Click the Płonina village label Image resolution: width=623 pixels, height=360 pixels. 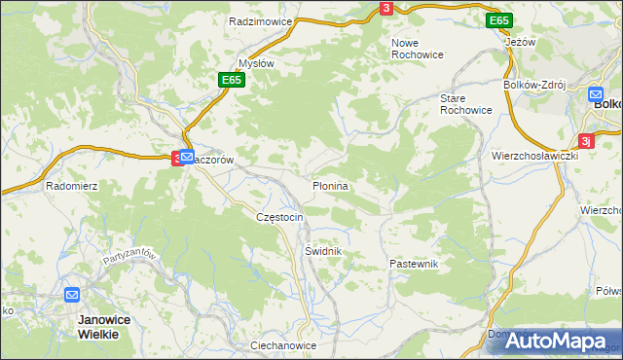click(x=331, y=184)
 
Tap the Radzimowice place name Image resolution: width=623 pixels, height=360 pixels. click(x=261, y=20)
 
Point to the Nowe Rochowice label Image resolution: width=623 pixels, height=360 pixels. click(x=418, y=49)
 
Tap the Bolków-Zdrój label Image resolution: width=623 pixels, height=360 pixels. click(x=534, y=85)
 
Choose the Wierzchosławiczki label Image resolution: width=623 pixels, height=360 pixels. click(x=535, y=155)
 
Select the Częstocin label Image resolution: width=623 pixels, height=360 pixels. click(x=279, y=216)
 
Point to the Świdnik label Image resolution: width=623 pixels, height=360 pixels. click(x=320, y=250)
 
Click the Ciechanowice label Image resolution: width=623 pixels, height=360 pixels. click(x=283, y=345)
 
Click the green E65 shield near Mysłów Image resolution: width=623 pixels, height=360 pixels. click(x=230, y=80)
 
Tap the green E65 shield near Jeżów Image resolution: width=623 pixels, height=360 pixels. click(x=499, y=20)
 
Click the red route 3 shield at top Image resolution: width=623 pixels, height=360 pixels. click(x=386, y=8)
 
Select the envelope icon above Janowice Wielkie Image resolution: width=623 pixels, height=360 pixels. click(x=72, y=294)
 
